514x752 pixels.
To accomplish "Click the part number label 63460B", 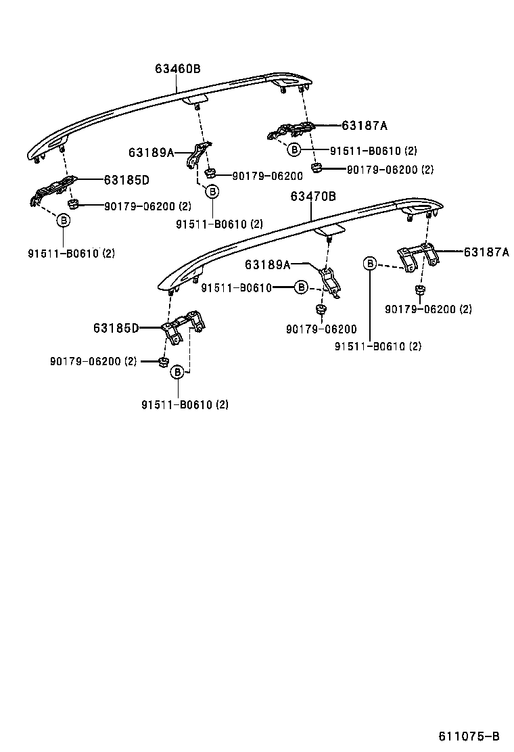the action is click(177, 68).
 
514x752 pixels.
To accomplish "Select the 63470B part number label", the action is click(313, 196).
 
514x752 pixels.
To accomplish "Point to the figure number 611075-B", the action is click(469, 736).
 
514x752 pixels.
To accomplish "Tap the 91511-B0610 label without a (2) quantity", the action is click(237, 288).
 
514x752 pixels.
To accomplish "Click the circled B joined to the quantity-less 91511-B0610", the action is click(301, 287).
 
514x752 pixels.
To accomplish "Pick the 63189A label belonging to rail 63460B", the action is click(151, 153).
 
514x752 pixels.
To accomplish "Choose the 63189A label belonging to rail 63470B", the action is click(268, 264).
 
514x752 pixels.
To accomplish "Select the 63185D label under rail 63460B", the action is click(126, 180).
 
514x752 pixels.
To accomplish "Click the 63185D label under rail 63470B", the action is click(116, 328).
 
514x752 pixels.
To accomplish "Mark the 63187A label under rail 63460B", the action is click(365, 126).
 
